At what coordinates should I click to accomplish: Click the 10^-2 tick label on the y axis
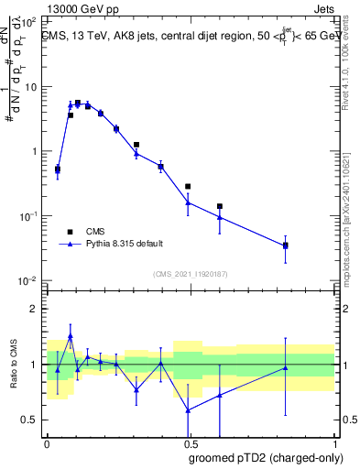click(x=30, y=280)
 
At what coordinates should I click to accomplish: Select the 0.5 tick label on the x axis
click(x=190, y=442)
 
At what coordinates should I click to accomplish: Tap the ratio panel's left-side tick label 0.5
click(x=33, y=420)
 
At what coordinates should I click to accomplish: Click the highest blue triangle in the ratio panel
click(x=71, y=336)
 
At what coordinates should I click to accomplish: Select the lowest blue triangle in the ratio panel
click(x=188, y=409)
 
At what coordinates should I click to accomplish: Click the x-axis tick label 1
click(x=334, y=442)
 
